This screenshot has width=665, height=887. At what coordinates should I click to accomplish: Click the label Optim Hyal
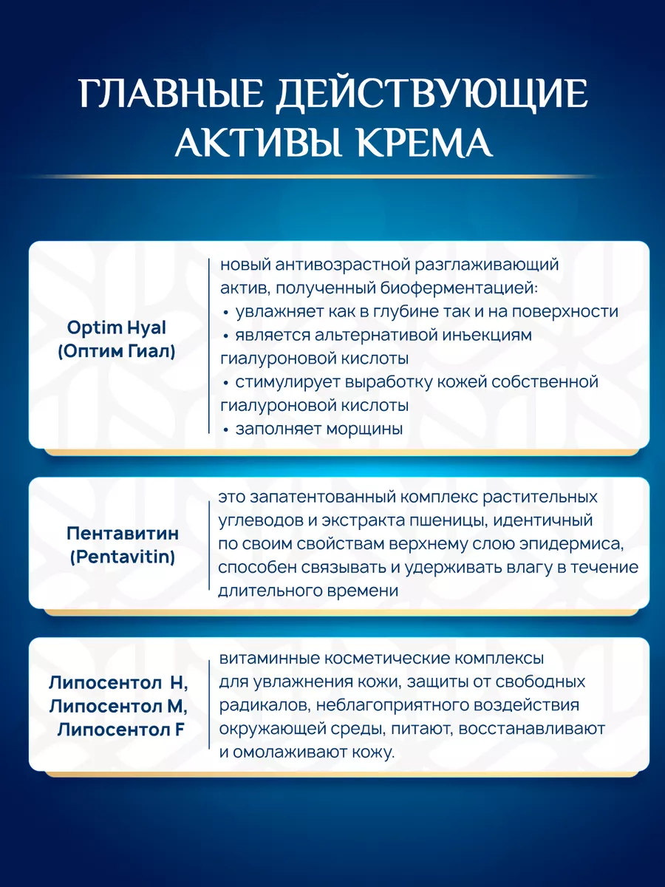point(117,327)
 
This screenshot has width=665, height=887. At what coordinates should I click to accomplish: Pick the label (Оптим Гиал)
point(117,352)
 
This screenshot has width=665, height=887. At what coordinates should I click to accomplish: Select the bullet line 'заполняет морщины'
point(319,429)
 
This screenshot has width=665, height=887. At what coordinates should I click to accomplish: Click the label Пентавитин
point(123,534)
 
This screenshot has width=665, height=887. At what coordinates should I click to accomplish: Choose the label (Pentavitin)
point(123,558)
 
